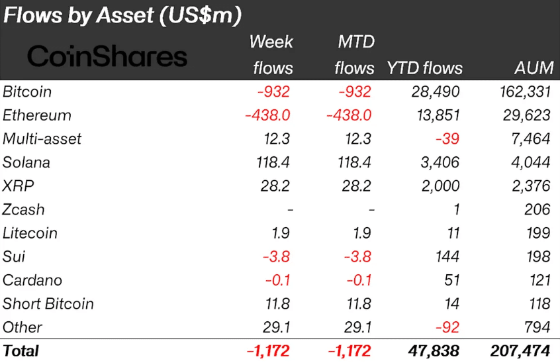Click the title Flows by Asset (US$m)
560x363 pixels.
122,15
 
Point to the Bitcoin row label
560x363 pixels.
27,91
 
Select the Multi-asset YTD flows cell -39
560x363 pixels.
447,139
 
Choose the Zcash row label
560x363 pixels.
24,209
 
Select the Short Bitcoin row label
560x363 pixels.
48,304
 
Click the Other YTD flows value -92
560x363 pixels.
447,327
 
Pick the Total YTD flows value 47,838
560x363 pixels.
434,351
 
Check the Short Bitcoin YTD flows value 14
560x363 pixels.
451,304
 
